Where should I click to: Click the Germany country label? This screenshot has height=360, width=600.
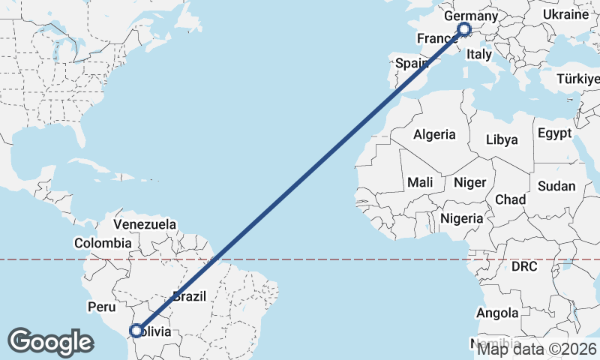coord(471,16)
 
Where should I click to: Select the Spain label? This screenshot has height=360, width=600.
coord(412,64)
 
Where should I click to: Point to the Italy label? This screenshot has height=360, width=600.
coord(478,55)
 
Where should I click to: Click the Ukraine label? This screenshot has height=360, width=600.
coord(565,15)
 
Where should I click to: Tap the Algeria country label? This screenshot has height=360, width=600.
coord(434,135)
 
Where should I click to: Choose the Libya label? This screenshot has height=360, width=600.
coord(502,139)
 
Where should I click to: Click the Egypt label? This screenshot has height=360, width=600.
coord(554,133)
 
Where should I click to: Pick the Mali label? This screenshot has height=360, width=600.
coord(420,182)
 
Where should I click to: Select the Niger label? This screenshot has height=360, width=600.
coord(470,182)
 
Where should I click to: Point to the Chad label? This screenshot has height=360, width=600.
coord(510,200)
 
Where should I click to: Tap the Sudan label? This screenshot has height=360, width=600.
coord(556,186)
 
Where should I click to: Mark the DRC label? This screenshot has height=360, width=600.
coord(525,266)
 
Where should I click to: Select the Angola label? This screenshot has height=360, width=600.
coord(497,313)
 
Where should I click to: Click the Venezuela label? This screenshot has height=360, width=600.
coord(145,224)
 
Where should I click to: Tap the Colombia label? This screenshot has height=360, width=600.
coord(103,243)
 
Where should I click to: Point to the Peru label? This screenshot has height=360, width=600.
coord(102,307)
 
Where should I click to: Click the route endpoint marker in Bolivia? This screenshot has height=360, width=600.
coord(136,331)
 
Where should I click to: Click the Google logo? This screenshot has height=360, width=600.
coord(50,342)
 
